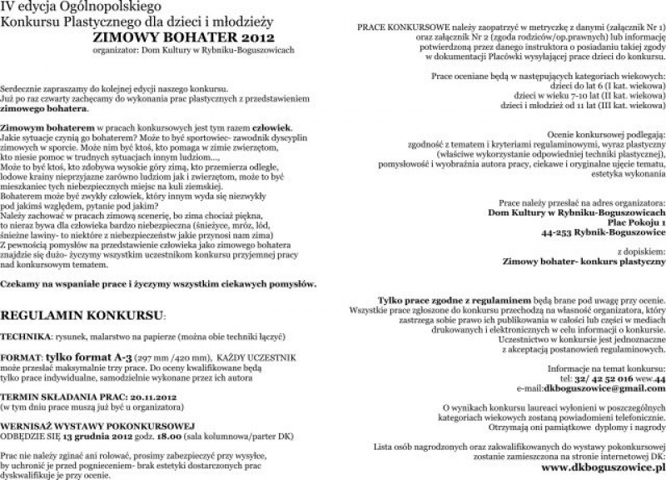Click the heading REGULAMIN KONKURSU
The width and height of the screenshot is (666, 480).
(x=82, y=318)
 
